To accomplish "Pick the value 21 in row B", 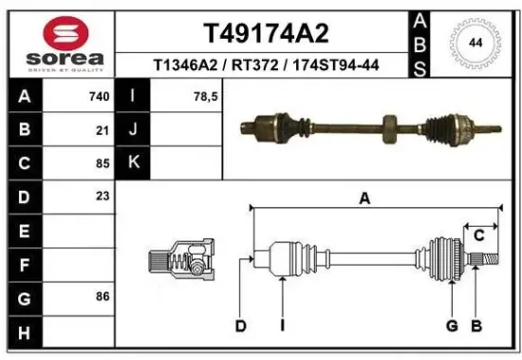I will (102, 130).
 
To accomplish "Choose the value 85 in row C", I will (102, 162).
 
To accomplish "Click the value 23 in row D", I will (102, 196).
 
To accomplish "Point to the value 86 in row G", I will (102, 296).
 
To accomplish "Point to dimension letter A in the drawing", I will (364, 198).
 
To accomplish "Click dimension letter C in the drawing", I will (479, 235).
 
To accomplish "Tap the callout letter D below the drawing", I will (241, 327).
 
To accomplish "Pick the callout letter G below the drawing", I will (452, 327).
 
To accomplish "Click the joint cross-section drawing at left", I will (181, 260).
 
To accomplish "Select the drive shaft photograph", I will (370, 126).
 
